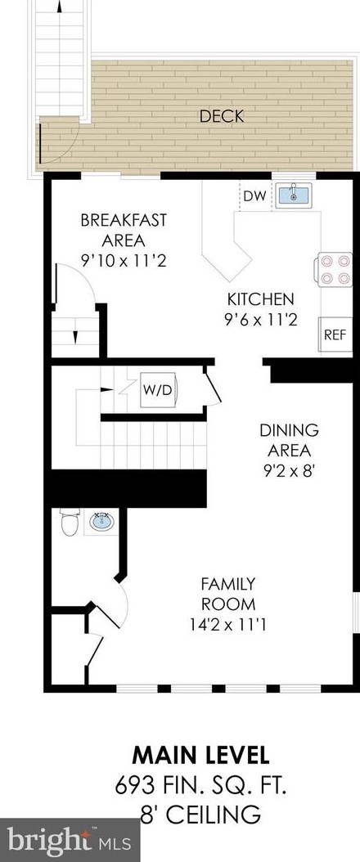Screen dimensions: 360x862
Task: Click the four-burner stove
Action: click(x=334, y=269)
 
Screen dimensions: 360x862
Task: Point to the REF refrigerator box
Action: click(x=336, y=334)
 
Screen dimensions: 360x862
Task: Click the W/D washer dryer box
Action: click(x=158, y=390)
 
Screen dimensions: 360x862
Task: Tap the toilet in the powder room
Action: click(x=70, y=522)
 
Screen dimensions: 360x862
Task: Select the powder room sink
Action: click(x=102, y=521)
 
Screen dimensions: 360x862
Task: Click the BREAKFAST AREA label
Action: click(x=123, y=240)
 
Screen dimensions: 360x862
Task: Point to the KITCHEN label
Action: click(x=261, y=299)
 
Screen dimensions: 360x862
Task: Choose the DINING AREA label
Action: click(x=289, y=440)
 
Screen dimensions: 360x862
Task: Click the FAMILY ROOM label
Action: click(x=228, y=594)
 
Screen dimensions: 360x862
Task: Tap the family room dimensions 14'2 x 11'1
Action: click(x=228, y=625)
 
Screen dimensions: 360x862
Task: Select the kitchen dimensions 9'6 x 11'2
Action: click(x=261, y=320)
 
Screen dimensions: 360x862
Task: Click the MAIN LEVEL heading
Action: click(x=201, y=756)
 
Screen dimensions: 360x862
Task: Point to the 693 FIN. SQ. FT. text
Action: click(x=201, y=786)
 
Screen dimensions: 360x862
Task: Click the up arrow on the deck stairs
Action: click(x=59, y=7)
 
